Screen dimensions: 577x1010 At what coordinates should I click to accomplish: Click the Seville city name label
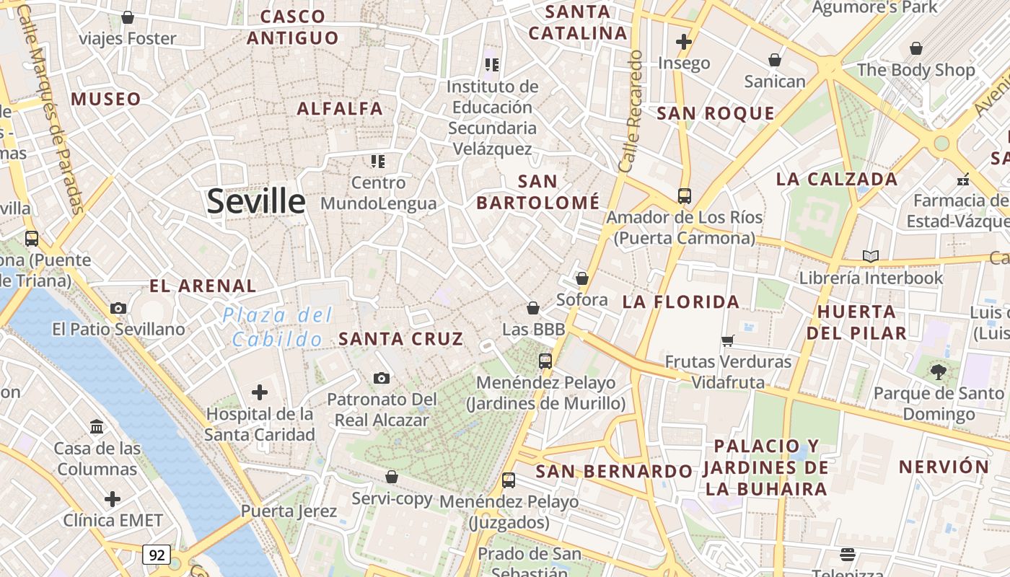click(256, 201)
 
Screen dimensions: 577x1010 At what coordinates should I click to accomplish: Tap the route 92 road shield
click(157, 555)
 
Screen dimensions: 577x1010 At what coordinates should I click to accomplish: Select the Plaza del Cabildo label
click(278, 327)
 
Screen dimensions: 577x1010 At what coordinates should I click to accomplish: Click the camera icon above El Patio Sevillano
click(118, 308)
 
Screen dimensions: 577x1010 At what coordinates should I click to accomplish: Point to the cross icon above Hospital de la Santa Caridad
click(260, 392)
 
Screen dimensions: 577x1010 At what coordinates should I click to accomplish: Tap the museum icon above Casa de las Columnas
click(97, 426)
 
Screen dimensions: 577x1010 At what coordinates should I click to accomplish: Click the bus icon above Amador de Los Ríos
click(684, 195)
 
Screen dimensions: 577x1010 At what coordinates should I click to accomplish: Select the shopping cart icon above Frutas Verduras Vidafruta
click(728, 340)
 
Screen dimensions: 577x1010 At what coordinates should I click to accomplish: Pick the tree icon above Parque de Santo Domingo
click(938, 372)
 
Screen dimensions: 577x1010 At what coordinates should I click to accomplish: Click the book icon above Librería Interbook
click(871, 256)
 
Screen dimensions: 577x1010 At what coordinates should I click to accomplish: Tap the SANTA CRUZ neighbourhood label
click(401, 338)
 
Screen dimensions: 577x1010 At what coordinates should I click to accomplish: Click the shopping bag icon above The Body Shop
click(915, 48)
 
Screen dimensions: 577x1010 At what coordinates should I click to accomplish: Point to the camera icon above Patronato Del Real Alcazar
click(382, 378)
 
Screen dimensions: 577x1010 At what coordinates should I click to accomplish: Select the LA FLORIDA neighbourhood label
click(681, 301)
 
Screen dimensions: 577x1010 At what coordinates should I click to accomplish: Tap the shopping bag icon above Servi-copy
click(392, 477)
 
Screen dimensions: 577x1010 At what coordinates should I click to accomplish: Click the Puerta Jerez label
click(289, 511)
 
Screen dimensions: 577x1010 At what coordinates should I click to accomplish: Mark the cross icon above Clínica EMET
click(113, 498)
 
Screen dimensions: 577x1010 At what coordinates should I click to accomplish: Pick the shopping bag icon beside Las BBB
click(533, 308)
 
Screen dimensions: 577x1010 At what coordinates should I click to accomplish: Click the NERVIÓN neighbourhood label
click(944, 467)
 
